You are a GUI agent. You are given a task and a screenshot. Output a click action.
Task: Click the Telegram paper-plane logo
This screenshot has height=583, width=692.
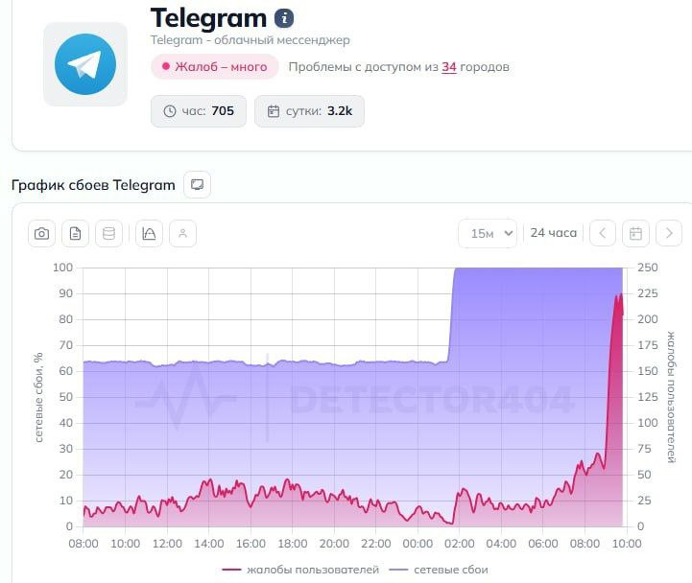84,64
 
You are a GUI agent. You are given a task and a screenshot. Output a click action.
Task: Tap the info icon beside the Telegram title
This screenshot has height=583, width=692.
284,18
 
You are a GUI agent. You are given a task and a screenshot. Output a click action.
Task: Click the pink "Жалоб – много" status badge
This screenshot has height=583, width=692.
214,66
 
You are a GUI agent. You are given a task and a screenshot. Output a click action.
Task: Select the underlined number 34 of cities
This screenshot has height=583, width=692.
449,66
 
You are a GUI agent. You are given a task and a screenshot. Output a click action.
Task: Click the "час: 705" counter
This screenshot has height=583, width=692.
199,111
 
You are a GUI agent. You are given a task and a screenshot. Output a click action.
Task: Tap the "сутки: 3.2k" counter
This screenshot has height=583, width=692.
310,111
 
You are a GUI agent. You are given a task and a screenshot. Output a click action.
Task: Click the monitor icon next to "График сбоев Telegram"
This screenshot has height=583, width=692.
197,184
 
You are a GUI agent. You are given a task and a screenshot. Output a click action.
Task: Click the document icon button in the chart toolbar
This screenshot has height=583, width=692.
76,233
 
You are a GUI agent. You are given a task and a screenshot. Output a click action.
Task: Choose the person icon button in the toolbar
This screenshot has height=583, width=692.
182,233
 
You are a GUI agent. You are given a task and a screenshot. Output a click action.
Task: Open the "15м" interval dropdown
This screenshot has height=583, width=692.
488,233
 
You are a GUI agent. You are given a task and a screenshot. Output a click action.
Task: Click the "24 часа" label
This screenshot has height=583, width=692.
554,233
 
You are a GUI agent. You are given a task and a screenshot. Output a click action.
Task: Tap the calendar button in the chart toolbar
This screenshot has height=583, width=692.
635,233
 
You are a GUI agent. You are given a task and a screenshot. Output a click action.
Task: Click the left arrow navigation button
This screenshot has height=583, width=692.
602,233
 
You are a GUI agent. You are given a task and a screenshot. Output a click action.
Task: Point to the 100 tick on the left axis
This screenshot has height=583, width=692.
62,268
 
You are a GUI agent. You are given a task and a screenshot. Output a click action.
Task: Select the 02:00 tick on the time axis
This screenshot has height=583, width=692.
460,544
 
